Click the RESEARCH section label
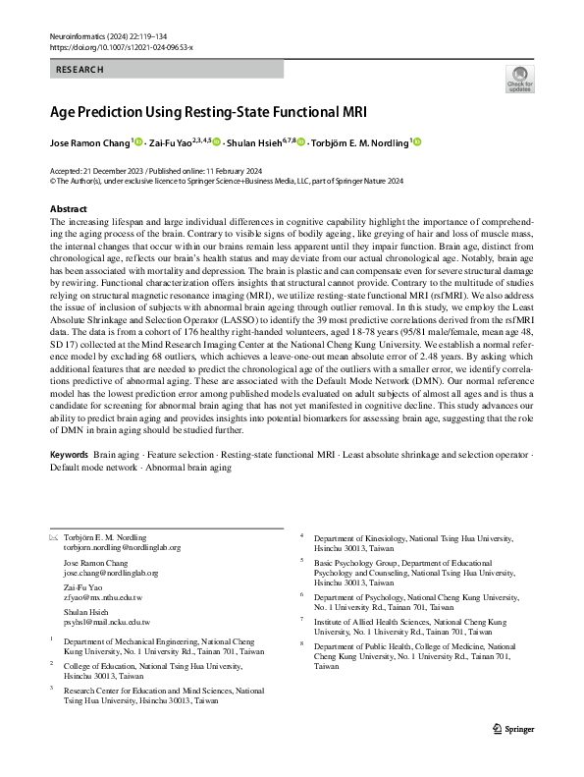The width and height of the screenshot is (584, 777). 80,70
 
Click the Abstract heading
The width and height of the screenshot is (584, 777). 69,210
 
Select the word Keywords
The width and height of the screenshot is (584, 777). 69,458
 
